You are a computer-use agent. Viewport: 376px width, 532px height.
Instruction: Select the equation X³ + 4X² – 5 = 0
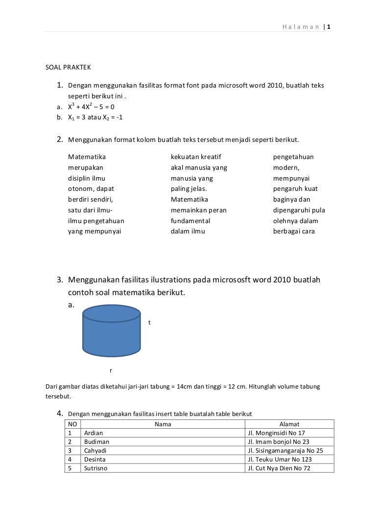click(x=91, y=107)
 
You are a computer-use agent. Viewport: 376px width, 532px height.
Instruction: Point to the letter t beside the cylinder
click(x=149, y=323)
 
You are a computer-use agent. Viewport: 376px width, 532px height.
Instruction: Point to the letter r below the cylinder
click(x=110, y=370)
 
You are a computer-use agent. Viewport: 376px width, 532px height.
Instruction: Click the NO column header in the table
click(x=71, y=424)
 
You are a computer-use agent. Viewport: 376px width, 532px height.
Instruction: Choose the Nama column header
click(x=163, y=424)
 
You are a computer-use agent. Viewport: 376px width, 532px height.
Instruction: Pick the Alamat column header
click(x=289, y=424)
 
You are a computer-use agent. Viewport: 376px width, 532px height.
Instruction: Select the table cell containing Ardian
click(x=94, y=433)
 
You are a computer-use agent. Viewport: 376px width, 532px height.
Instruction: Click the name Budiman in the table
click(x=96, y=442)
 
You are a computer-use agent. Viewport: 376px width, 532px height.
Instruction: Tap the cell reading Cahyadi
click(x=95, y=451)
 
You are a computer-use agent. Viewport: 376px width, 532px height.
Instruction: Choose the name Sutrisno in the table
click(x=96, y=468)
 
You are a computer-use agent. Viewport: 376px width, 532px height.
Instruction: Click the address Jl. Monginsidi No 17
click(x=276, y=433)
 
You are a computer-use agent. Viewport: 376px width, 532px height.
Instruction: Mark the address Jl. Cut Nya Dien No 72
click(x=279, y=468)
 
